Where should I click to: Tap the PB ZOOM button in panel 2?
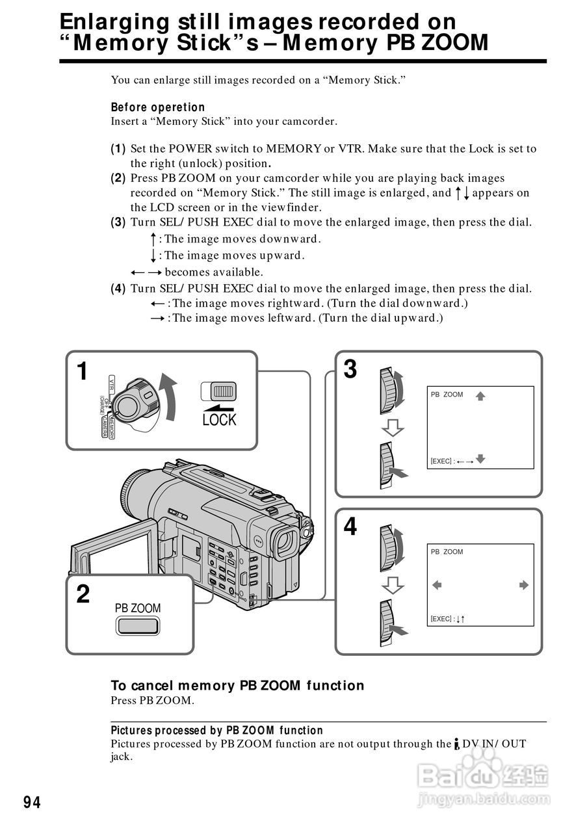tap(138, 626)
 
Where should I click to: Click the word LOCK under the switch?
tap(220, 420)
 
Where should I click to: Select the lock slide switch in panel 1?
tap(219, 391)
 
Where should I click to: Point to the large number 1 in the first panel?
tap(82, 372)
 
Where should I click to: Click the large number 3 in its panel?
tap(350, 369)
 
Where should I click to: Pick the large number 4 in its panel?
tap(350, 526)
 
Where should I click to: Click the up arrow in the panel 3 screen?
tap(480, 395)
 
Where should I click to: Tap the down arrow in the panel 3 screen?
tap(480, 459)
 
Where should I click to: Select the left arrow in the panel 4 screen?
tap(437, 585)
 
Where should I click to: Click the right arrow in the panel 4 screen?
tap(524, 585)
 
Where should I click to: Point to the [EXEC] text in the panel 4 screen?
tap(441, 619)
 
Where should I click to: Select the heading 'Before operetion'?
tap(158, 107)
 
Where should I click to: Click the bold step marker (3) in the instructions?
tap(118, 222)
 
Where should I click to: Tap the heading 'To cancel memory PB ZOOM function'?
tap(237, 685)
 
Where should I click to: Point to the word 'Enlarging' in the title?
tap(114, 22)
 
